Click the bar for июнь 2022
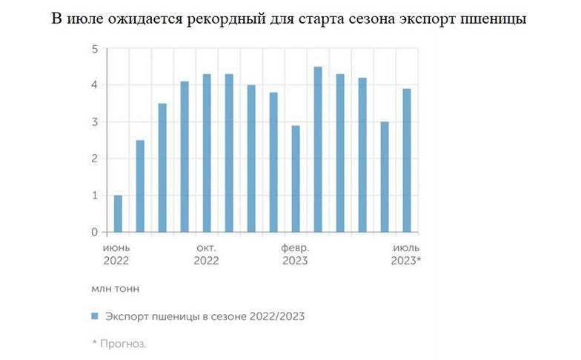pos(118,213)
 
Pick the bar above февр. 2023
pos(296,179)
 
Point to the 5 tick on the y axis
pos(95,49)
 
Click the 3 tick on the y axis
pos(95,122)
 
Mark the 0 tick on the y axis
pos(95,233)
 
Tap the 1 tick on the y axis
pos(95,196)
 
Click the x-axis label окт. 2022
pos(206,253)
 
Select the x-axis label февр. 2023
pos(295,253)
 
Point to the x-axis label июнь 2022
pos(117,253)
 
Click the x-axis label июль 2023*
pos(406,253)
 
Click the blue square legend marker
pos(94,316)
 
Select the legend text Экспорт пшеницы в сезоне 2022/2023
pos(205,316)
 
